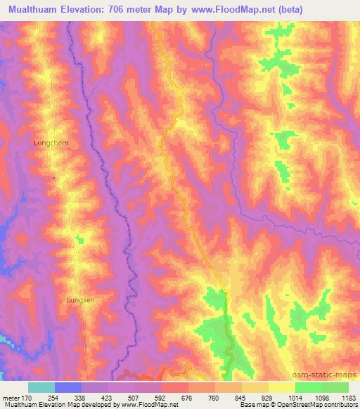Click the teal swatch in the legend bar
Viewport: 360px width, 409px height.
coord(41,387)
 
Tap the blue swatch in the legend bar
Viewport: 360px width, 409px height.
coord(68,387)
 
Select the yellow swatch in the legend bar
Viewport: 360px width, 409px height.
coord(281,387)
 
